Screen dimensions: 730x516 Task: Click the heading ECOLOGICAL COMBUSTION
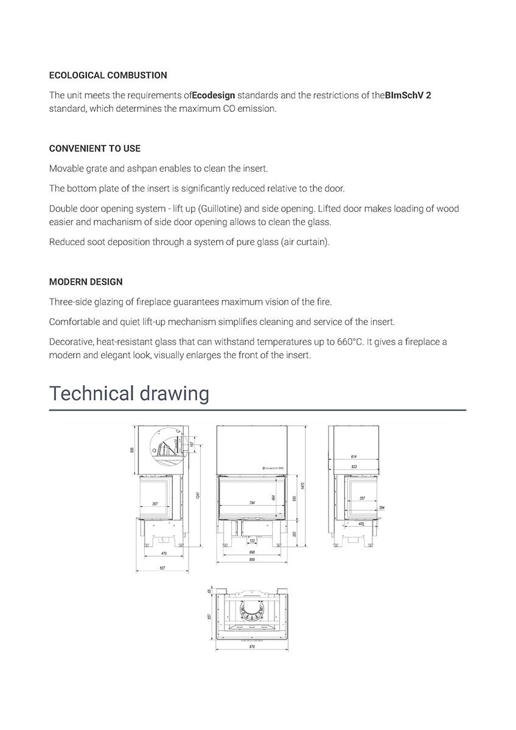(x=108, y=75)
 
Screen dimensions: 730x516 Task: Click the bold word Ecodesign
(x=214, y=96)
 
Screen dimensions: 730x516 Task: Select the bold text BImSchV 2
(x=408, y=96)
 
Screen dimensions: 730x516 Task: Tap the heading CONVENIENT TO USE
(x=94, y=148)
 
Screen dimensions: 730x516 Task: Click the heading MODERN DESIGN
(x=86, y=282)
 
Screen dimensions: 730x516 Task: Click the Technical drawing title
(x=129, y=394)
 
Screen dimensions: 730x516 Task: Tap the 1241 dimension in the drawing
(x=197, y=496)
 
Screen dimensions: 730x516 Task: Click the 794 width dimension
(x=251, y=503)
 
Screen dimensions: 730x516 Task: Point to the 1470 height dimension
(x=302, y=486)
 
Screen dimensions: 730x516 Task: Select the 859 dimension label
(x=251, y=559)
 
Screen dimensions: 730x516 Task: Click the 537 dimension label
(x=162, y=568)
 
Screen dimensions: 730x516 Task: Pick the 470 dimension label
(x=164, y=554)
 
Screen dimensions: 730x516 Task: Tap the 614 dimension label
(x=354, y=456)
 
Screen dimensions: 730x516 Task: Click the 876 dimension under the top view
(x=251, y=647)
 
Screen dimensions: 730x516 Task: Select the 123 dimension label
(x=252, y=540)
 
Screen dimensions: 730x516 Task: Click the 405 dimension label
(x=361, y=523)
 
